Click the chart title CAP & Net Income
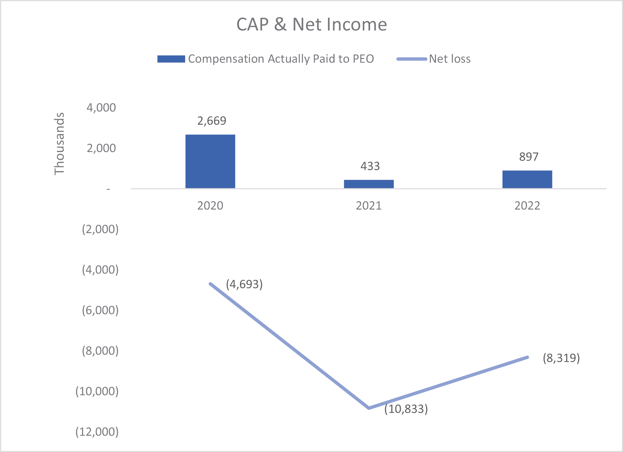pyautogui.click(x=311, y=25)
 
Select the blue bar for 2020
pyautogui.click(x=210, y=161)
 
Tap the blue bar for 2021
pyautogui.click(x=368, y=184)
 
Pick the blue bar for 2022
pyautogui.click(x=527, y=179)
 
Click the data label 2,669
pyautogui.click(x=212, y=121)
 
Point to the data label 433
pyautogui.click(x=370, y=166)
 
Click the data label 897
pyautogui.click(x=528, y=157)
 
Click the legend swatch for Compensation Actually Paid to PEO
pyautogui.click(x=171, y=59)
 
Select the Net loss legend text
pyautogui.click(x=450, y=59)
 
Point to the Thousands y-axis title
pyautogui.click(x=60, y=143)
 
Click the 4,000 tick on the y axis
pyautogui.click(x=101, y=108)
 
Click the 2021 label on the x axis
pyautogui.click(x=368, y=206)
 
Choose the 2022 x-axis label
pyautogui.click(x=527, y=206)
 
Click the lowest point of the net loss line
pyautogui.click(x=369, y=408)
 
